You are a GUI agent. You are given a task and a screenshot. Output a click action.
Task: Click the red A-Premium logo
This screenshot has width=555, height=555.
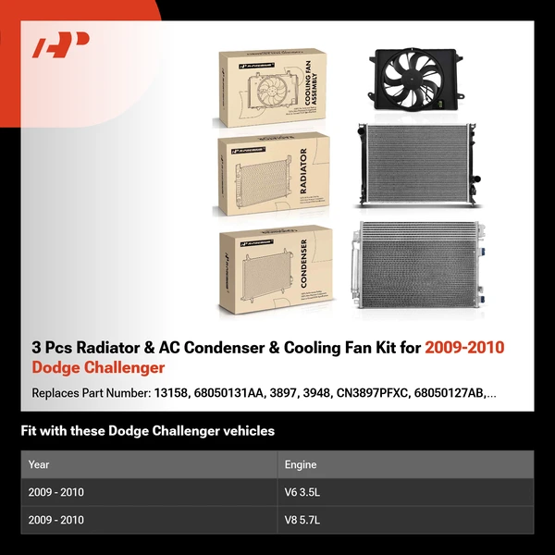pos(61,45)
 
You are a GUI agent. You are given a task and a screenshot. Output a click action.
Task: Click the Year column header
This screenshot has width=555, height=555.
pos(39,464)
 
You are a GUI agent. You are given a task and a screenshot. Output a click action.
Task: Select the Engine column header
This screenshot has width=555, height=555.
pos(301,464)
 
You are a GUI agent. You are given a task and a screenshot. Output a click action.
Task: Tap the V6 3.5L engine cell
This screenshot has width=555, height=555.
pos(303,492)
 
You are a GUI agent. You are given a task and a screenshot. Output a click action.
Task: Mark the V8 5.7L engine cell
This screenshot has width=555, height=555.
pos(303,520)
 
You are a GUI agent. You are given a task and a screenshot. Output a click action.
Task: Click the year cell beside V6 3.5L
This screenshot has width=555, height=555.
pos(56,492)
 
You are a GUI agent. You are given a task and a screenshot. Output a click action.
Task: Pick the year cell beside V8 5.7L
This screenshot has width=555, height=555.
pos(56,520)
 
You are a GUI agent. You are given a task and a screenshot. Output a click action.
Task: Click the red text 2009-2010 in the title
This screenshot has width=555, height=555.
pos(464,348)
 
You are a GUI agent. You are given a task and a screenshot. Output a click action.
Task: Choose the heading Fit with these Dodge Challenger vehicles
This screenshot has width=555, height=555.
pos(148,431)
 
